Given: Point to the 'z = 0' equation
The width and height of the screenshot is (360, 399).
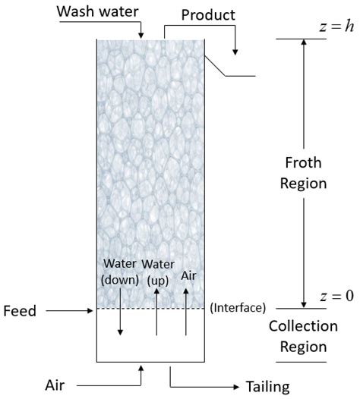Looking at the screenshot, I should pos(335,296).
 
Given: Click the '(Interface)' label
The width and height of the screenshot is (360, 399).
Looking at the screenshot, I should pos(237,307).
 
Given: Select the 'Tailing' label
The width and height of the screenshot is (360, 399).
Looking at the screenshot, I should pos(269,386).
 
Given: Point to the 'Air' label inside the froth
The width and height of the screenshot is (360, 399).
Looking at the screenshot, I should pos(186,277).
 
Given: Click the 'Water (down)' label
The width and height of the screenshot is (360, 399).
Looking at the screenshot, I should pos(120,271).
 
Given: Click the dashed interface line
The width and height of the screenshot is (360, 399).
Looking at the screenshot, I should pos(152,309).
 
